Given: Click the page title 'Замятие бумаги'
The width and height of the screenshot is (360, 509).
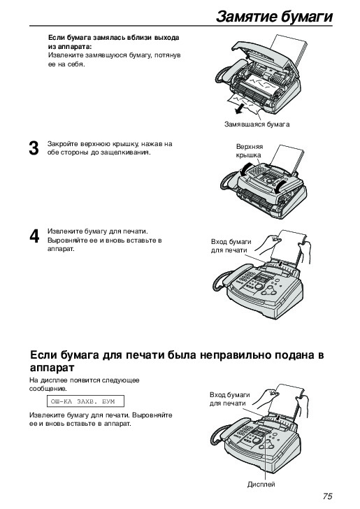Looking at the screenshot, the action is pyautogui.click(x=274, y=16).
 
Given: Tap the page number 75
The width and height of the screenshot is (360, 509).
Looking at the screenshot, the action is pyautogui.click(x=328, y=496).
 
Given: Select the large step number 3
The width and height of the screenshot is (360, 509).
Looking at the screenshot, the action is pyautogui.click(x=34, y=148).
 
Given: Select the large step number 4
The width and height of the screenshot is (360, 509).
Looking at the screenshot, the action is pyautogui.click(x=34, y=236).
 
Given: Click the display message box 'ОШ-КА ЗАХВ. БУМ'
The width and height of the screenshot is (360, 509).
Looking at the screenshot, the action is pyautogui.click(x=82, y=401).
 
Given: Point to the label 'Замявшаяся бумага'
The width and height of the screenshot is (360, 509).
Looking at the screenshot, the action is pyautogui.click(x=257, y=124).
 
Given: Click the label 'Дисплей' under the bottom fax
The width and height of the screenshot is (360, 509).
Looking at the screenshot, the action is pyautogui.click(x=261, y=484).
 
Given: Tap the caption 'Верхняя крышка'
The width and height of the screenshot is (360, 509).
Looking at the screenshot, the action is pyautogui.click(x=249, y=151).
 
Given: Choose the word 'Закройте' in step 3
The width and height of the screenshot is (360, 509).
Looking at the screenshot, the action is pyautogui.click(x=62, y=143).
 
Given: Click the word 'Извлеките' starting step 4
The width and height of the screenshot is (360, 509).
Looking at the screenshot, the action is pyautogui.click(x=64, y=231).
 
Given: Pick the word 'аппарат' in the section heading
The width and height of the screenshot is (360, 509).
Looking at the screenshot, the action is pyautogui.click(x=52, y=368).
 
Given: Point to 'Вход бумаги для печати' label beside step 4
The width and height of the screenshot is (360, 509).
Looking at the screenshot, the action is pyautogui.click(x=231, y=245).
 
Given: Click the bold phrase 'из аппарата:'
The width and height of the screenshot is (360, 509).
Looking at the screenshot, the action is pyautogui.click(x=70, y=46).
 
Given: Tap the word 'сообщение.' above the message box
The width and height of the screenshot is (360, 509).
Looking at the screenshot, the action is pyautogui.click(x=48, y=388).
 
